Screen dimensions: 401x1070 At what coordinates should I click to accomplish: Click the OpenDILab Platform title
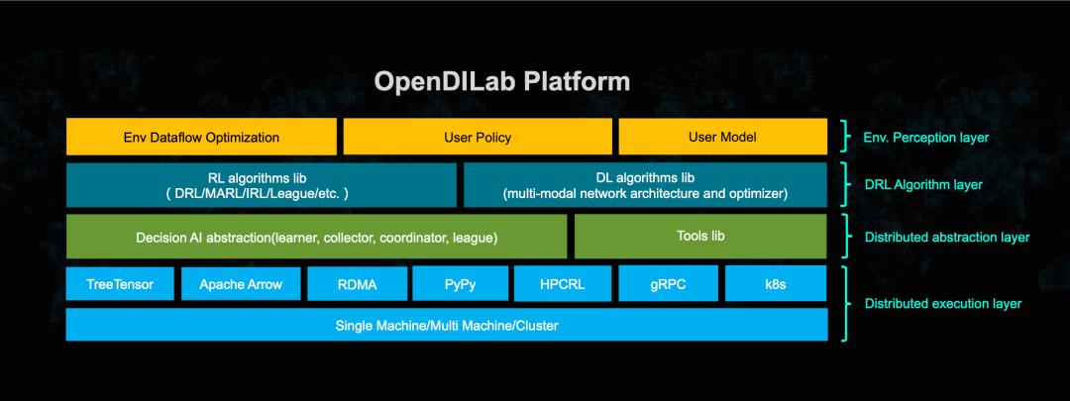pyautogui.click(x=501, y=80)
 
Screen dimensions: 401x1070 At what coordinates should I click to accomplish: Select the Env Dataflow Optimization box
pyautogui.click(x=201, y=137)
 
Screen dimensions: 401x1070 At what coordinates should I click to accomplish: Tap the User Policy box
pyautogui.click(x=478, y=137)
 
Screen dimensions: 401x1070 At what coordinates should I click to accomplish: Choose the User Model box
pyautogui.click(x=722, y=137)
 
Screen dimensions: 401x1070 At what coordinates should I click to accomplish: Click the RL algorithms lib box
pyautogui.click(x=261, y=185)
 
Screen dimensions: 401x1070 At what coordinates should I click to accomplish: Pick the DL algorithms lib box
pyautogui.click(x=645, y=185)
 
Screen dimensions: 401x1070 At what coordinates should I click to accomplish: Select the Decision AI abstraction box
pyautogui.click(x=316, y=237)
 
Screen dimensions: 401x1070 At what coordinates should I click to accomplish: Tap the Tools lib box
pyautogui.click(x=699, y=237)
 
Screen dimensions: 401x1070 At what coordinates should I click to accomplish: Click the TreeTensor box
pyautogui.click(x=119, y=284)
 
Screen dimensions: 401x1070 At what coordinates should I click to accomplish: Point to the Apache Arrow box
pyautogui.click(x=241, y=284)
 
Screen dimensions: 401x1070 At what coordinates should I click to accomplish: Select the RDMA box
pyautogui.click(x=356, y=284)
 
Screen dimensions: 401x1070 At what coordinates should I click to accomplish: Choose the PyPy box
pyautogui.click(x=459, y=284)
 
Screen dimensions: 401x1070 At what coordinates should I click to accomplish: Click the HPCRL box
pyautogui.click(x=562, y=284)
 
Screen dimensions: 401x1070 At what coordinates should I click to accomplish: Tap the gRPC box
pyautogui.click(x=668, y=284)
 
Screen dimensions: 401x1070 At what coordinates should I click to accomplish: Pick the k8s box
pyautogui.click(x=776, y=284)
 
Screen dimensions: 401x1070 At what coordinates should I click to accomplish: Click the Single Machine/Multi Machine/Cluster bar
pyautogui.click(x=446, y=325)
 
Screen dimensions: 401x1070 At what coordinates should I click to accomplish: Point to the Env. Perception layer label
pyautogui.click(x=926, y=137)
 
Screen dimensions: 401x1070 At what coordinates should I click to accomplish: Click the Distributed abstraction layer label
pyautogui.click(x=946, y=238)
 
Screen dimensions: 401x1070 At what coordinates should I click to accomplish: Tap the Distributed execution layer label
pyautogui.click(x=942, y=303)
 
